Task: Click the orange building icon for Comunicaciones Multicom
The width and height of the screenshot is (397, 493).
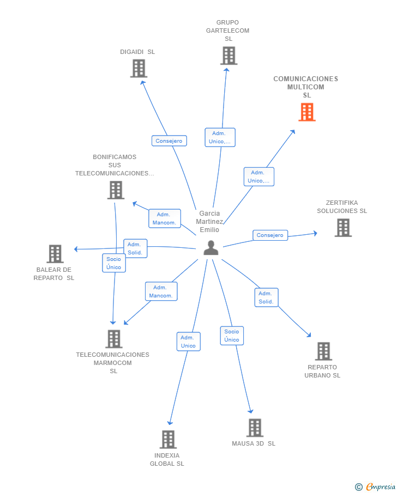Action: tap(307, 112)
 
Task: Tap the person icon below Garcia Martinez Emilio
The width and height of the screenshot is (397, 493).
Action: tap(210, 248)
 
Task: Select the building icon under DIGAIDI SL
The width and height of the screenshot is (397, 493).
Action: tap(139, 69)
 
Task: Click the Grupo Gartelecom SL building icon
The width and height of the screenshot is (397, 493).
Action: tap(228, 56)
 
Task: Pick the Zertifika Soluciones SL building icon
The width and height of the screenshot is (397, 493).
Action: tap(343, 228)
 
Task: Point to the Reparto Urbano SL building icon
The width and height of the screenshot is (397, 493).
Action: tap(323, 351)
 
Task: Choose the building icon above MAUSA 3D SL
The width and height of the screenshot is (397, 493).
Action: tap(255, 428)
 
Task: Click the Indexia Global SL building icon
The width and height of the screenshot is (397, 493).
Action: tap(168, 440)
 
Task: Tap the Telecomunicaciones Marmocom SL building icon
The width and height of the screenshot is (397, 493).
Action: tap(113, 339)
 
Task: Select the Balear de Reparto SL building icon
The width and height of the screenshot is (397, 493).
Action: tap(55, 254)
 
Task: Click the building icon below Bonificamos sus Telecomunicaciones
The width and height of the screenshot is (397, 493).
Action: tap(116, 190)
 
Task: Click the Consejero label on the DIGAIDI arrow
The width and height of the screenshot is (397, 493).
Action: tap(169, 141)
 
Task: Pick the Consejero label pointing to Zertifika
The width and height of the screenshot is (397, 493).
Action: tap(270, 235)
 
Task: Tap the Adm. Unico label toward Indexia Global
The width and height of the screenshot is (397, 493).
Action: tap(188, 342)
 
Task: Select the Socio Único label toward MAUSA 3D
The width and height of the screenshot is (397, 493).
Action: tap(232, 336)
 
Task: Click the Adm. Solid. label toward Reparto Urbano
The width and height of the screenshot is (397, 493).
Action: tap(266, 297)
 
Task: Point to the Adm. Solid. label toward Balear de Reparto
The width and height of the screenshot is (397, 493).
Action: tap(135, 248)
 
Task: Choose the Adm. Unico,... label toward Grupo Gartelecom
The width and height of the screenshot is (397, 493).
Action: tap(220, 137)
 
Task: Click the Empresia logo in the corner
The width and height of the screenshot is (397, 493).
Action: tap(376, 486)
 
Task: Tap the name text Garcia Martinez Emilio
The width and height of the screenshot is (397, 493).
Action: tap(210, 222)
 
